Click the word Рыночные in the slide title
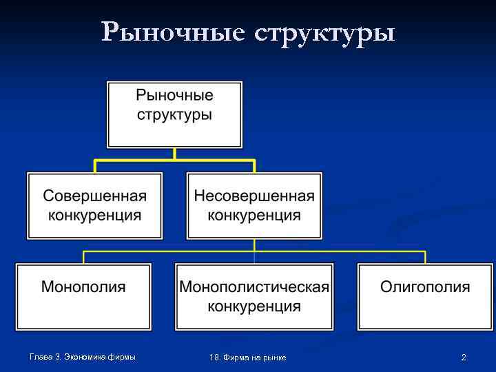coord(172,32)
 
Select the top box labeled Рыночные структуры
coord(174,114)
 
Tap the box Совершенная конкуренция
coord(95,205)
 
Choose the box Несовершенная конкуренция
coord(254,205)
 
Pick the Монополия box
coord(83,296)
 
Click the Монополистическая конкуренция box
coord(254,296)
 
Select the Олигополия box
coord(425,296)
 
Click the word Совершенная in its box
coord(95,196)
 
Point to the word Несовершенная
coord(254,196)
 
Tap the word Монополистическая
coord(254,287)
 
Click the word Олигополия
coord(425,287)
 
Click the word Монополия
coord(83,287)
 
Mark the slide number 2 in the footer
coord(464,357)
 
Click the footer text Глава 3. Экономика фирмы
coord(82,356)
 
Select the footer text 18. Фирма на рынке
coord(248,357)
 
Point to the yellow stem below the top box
coord(174,154)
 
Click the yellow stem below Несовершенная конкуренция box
coord(254,245)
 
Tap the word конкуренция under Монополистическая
coord(254,305)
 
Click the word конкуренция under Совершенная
coord(95,215)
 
